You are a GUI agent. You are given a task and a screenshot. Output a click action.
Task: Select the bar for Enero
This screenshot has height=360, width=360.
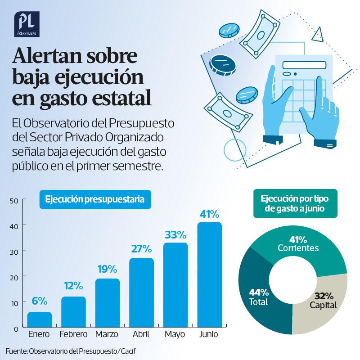click(40, 319)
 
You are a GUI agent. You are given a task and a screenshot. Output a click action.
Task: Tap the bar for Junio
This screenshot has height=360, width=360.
click(209, 274)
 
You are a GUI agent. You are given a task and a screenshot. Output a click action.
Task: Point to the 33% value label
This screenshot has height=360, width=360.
click(175, 234)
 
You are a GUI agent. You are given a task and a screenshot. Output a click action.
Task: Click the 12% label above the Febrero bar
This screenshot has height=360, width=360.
click(73, 285)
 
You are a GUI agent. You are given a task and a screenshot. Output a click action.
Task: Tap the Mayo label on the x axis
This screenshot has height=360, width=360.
click(175, 334)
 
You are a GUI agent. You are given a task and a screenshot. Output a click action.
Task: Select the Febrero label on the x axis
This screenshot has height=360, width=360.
click(73, 334)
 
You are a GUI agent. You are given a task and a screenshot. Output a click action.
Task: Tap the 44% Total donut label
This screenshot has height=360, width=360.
click(258, 297)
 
